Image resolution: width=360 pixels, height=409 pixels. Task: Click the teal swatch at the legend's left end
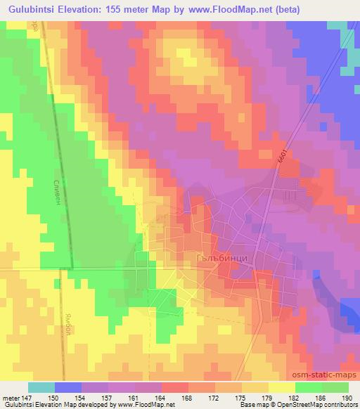[x=41, y=387]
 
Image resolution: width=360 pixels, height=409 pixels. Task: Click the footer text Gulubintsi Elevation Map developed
[x=56, y=405]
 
